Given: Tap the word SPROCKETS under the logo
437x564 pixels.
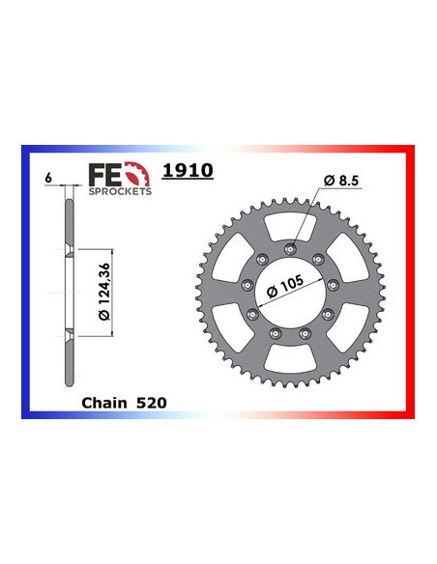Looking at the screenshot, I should (120, 191).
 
